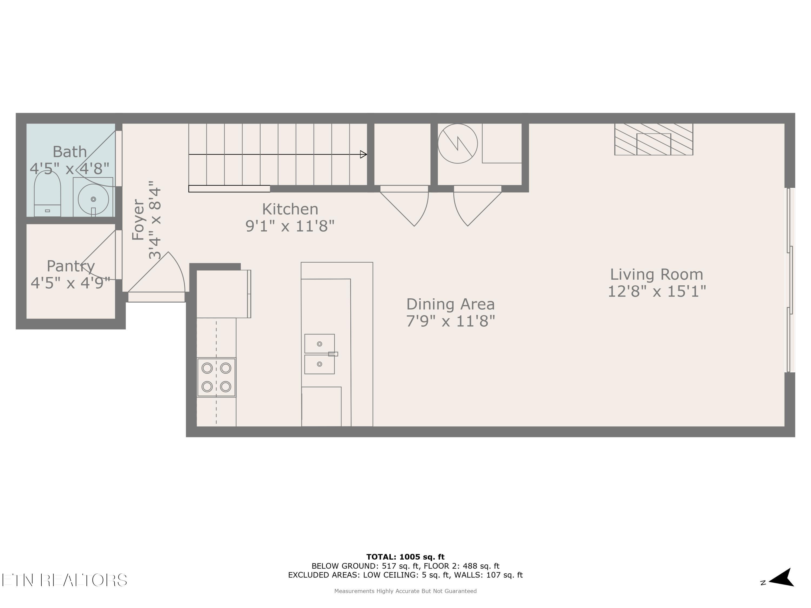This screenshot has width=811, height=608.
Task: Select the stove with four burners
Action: point(216,377)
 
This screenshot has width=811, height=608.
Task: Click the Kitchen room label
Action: point(290,209)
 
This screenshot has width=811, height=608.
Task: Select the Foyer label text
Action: point(138,220)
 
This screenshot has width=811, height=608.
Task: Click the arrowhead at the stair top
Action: point(363,154)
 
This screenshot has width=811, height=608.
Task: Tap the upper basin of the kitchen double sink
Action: point(319,344)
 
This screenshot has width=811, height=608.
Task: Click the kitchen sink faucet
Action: point(333,354)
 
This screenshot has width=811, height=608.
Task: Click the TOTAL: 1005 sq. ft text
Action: point(405,557)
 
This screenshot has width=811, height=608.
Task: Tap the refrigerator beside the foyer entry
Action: point(223,294)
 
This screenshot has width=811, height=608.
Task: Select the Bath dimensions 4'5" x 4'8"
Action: point(70,169)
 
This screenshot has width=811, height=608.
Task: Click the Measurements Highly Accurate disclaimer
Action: point(405,591)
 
